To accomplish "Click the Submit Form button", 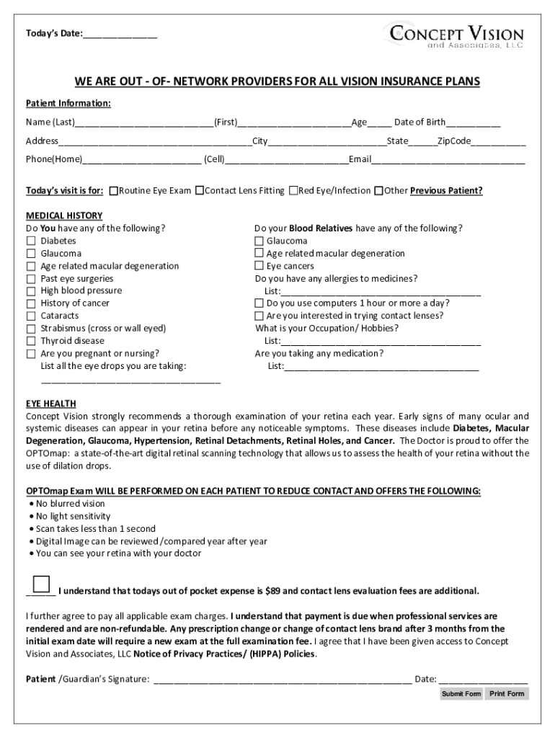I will pyautogui.click(x=461, y=694).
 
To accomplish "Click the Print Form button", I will pyautogui.click(x=507, y=694).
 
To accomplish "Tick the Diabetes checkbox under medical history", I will pyautogui.click(x=31, y=241).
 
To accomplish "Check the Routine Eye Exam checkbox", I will pyautogui.click(x=114, y=191).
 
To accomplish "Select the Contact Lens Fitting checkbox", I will pyautogui.click(x=200, y=191).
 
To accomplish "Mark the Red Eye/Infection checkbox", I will pyautogui.click(x=293, y=191).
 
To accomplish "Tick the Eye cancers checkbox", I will pyautogui.click(x=259, y=266).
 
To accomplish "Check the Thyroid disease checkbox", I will pyautogui.click(x=31, y=341).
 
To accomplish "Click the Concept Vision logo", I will pyautogui.click(x=456, y=35).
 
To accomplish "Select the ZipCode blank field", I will pyautogui.click(x=499, y=141).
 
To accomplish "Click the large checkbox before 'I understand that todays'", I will pyautogui.click(x=42, y=583).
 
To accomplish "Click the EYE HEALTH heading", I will pyautogui.click(x=51, y=404).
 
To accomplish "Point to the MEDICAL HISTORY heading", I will pyautogui.click(x=64, y=215).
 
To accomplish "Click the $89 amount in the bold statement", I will pyautogui.click(x=272, y=591).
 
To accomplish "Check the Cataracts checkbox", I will pyautogui.click(x=31, y=316).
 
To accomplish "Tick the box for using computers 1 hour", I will pyautogui.click(x=259, y=303).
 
